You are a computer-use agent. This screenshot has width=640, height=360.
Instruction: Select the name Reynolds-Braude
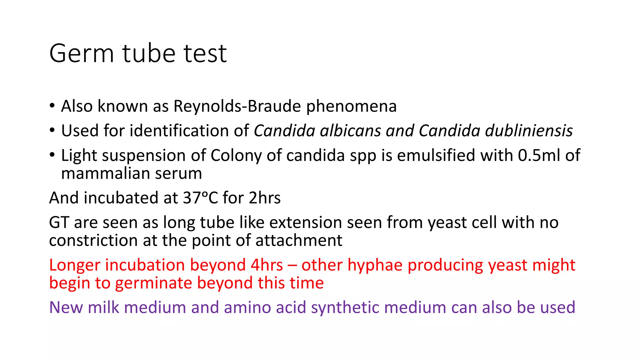point(237,106)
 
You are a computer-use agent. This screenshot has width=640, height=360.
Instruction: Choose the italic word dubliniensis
point(529,131)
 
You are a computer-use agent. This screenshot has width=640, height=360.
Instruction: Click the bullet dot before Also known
point(52,105)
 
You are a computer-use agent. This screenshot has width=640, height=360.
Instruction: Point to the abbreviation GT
point(59,223)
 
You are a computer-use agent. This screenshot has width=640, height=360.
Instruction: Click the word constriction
point(93,241)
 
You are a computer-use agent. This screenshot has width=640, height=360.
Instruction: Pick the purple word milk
point(103,307)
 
